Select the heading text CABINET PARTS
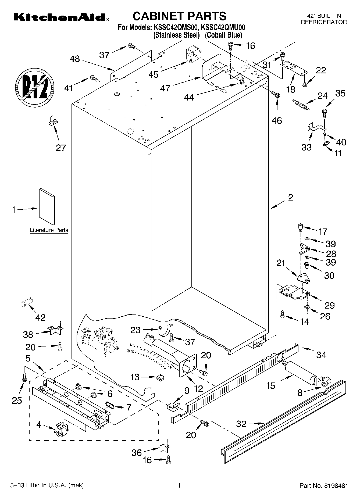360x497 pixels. tap(180, 16)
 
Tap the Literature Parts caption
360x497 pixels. tap(49, 230)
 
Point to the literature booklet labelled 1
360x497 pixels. tap(47, 206)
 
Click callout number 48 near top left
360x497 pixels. tap(75, 59)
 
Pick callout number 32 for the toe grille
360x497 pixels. tap(241, 424)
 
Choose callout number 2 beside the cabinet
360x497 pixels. tap(290, 198)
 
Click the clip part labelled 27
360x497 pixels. tap(52, 120)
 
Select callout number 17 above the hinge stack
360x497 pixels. tap(323, 231)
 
